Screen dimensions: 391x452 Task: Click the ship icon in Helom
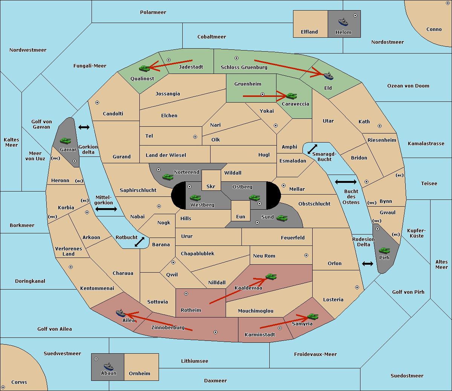coord(343,22)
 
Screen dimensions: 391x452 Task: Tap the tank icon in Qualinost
coord(145,68)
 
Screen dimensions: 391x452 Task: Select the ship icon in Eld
coord(328,76)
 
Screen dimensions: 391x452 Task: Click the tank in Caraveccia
coord(291,96)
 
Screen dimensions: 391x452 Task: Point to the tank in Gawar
coord(65,141)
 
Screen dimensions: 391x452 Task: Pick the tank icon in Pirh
coord(385,251)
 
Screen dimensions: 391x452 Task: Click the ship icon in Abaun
coord(108,366)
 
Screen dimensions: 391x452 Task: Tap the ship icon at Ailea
coord(121,313)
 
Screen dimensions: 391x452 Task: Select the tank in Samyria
coord(313,316)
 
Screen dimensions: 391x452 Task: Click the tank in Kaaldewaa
coord(271,277)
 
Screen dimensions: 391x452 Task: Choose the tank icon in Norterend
coord(168,177)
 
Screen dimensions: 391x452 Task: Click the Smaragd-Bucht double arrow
coord(313,149)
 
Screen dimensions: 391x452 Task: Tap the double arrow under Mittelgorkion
coord(106,209)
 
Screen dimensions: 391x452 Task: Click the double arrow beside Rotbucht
coord(139,242)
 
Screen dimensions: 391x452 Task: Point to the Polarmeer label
coord(153,12)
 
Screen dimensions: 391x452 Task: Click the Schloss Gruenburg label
coord(244,67)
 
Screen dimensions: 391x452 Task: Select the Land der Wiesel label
coord(166,155)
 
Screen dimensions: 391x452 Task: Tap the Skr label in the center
coord(211,186)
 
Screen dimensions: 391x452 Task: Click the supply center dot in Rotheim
coord(186,293)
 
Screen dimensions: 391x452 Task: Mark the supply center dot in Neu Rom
coord(306,255)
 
